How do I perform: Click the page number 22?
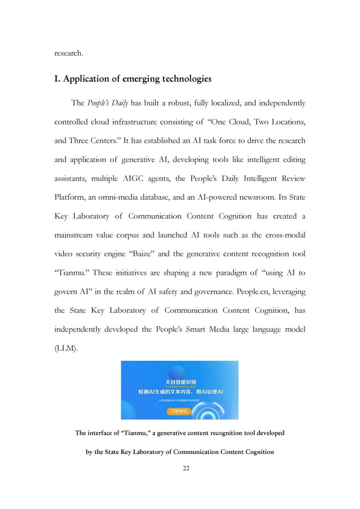(180, 468)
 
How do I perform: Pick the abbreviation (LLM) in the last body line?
(66, 348)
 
